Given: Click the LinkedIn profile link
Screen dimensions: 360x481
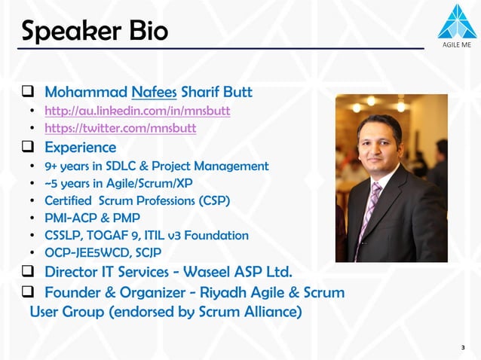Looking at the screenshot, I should pyautogui.click(x=137, y=111).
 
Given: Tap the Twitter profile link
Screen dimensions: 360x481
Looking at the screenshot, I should pyautogui.click(x=120, y=128).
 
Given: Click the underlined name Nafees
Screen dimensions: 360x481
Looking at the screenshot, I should pyautogui.click(x=154, y=93).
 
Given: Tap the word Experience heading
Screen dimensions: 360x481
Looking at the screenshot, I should pyautogui.click(x=80, y=147).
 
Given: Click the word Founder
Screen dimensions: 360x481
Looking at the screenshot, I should pyautogui.click(x=75, y=292).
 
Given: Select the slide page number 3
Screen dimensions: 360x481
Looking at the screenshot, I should pyautogui.click(x=462, y=347).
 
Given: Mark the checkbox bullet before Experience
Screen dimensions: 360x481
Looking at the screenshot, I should pyautogui.click(x=26, y=147).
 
